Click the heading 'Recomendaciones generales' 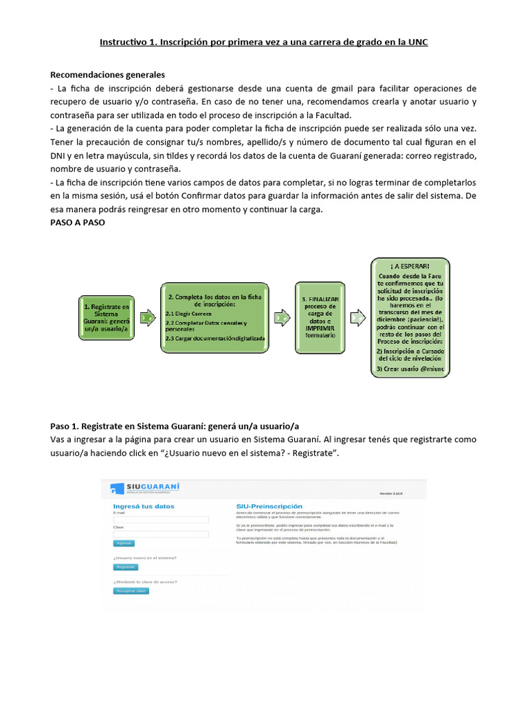point(107,74)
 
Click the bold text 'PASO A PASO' point(78,223)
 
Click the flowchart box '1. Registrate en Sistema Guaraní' point(106,317)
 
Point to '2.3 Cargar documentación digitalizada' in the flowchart point(214,338)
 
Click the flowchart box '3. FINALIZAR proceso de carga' point(319,318)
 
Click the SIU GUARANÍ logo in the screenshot point(145,488)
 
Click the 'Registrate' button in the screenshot point(126,567)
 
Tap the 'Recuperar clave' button point(131,590)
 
